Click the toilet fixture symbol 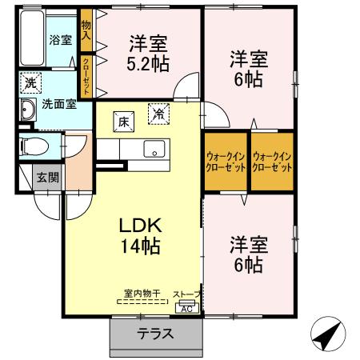coord(34,146)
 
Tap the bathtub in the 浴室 coord(32,38)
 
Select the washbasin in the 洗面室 coord(28,110)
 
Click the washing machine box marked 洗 coord(30,83)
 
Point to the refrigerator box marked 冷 coord(159,114)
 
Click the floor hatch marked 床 coord(124,122)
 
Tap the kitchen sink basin coord(154,149)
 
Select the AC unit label coord(187,309)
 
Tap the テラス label coord(155,334)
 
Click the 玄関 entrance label coord(48,178)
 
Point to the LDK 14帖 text coord(140,236)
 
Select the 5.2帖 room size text coord(148,64)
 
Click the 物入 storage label coord(86,30)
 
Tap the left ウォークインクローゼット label coord(226,162)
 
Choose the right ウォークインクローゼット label coord(272,162)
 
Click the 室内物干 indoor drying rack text coord(142,294)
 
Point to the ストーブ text coord(186,294)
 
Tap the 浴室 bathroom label coord(61,40)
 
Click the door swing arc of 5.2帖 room coord(182,78)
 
